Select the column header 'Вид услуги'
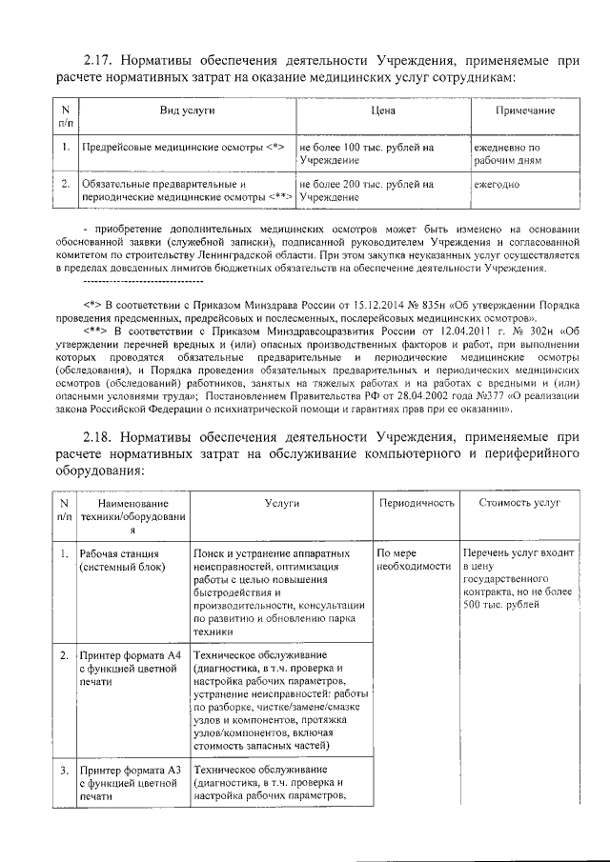coord(186,111)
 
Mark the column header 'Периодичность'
coord(416,501)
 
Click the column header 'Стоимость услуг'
coord(519,501)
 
